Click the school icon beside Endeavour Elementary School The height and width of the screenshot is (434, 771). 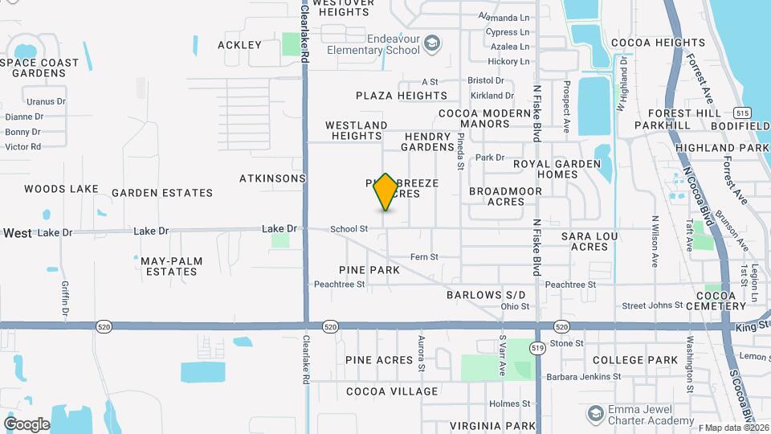[x=433, y=43]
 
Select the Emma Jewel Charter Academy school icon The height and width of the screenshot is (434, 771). [x=595, y=414]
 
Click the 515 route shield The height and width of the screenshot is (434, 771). [x=742, y=112]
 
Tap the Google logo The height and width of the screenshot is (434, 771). [x=27, y=424]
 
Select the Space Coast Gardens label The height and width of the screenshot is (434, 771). [x=40, y=68]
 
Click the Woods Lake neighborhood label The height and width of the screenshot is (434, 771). [x=61, y=189]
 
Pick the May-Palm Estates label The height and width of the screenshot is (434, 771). [x=171, y=266]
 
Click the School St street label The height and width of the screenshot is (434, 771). [x=349, y=229]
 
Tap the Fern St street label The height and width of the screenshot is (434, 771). [x=424, y=257]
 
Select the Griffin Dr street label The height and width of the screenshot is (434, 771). [x=65, y=298]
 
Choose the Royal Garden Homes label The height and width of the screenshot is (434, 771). [x=557, y=169]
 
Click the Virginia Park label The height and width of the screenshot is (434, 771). [x=492, y=425]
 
